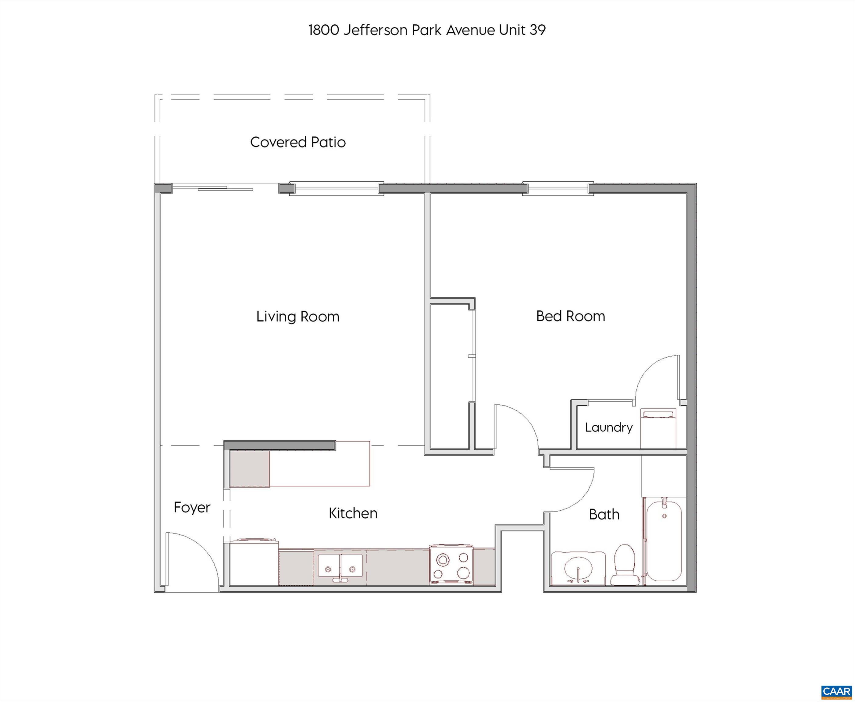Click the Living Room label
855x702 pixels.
tap(298, 317)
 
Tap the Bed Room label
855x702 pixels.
tap(571, 316)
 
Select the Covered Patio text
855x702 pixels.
tap(298, 142)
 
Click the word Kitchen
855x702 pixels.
tap(353, 513)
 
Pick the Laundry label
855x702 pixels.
tap(609, 427)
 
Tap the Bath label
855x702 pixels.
tap(604, 514)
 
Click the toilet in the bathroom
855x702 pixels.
tap(623, 564)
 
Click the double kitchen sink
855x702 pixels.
tap(340, 566)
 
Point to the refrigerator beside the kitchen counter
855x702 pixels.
tap(254, 562)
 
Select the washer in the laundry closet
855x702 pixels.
tap(658, 429)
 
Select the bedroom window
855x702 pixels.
tap(558, 188)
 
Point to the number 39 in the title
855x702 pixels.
tap(537, 30)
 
